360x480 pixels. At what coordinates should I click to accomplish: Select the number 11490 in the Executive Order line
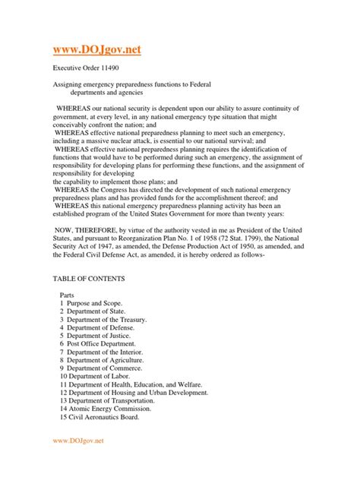(x=117, y=68)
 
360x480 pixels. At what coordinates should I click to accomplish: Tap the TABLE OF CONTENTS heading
(x=93, y=279)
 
